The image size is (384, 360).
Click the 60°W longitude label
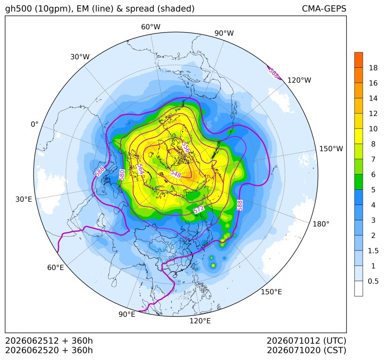pyautogui.click(x=150, y=27)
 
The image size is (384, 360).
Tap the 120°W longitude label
pyautogui.click(x=299, y=80)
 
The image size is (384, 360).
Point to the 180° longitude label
pyautogui.click(x=321, y=224)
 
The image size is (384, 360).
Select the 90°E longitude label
pyautogui.click(x=127, y=314)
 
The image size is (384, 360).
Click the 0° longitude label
pyautogui.click(x=34, y=124)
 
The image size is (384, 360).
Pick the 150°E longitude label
pyautogui.click(x=271, y=292)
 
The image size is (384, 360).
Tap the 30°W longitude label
pyautogui.click(x=80, y=57)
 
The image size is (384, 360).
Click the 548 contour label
pyautogui.click(x=176, y=174)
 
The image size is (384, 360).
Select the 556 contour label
pyautogui.click(x=186, y=148)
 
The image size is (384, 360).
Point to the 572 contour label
pyautogui.click(x=199, y=209)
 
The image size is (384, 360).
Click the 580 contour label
pyautogui.click(x=122, y=175)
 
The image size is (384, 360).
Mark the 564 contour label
pyautogui.click(x=140, y=169)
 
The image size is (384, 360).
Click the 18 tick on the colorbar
pyautogui.click(x=373, y=68)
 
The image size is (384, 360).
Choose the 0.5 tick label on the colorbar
pyautogui.click(x=373, y=281)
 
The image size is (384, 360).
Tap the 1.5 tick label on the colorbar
pyautogui.click(x=373, y=251)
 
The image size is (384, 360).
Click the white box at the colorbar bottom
pyautogui.click(x=358, y=289)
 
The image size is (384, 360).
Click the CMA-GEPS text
pyautogui.click(x=324, y=8)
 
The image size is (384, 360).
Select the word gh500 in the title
pyautogui.click(x=19, y=8)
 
